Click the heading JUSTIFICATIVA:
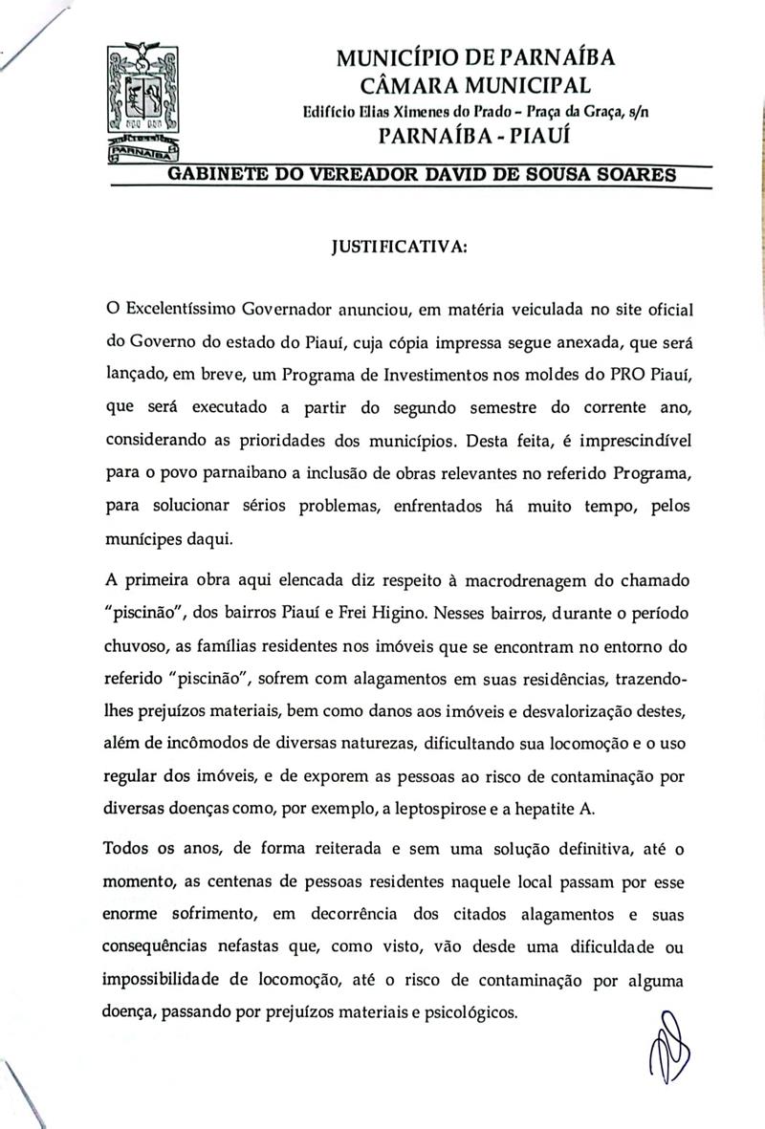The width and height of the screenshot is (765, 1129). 399,248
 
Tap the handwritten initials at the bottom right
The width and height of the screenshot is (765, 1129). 669,1061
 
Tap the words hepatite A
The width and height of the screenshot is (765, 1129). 559,808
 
